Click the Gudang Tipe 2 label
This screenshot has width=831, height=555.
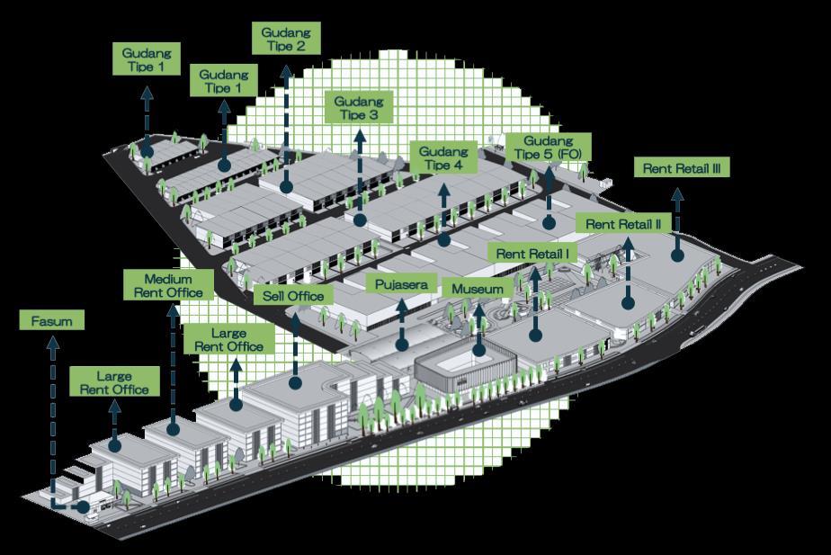[x=284, y=40]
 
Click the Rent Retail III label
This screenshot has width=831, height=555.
[x=681, y=168]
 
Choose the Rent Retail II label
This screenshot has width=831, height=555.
[x=624, y=222]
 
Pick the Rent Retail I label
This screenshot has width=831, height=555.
[x=532, y=254]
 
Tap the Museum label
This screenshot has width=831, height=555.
[x=478, y=290]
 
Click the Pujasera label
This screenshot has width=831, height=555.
[x=401, y=284]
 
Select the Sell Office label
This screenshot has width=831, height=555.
[x=294, y=295]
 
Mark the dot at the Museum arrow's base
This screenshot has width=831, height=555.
[x=479, y=351]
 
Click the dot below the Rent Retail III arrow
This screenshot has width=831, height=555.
[x=677, y=256]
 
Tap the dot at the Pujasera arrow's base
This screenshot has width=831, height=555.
[x=401, y=343]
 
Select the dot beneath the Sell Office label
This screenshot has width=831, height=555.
[x=295, y=382]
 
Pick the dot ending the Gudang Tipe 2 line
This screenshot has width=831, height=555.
[x=286, y=186]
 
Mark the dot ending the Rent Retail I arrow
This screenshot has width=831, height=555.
[x=535, y=335]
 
